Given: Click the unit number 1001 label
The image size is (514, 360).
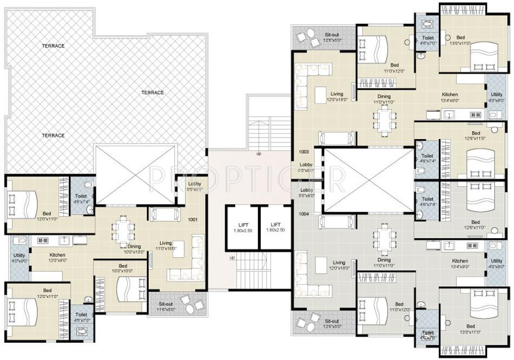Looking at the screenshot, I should pyautogui.click(x=193, y=220).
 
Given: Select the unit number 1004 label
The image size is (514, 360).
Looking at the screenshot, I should pyautogui.click(x=304, y=214).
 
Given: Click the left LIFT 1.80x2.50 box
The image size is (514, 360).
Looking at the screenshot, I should pyautogui.click(x=242, y=227).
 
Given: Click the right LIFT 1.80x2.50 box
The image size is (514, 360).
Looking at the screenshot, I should pyautogui.click(x=275, y=227).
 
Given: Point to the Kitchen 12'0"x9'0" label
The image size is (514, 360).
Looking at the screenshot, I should pyautogui.click(x=57, y=258).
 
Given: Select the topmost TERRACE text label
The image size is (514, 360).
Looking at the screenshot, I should pyautogui.click(x=53, y=46).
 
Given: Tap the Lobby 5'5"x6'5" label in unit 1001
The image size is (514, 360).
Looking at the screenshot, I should pyautogui.click(x=194, y=187).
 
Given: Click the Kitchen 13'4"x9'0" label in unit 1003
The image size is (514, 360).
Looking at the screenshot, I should pyautogui.click(x=450, y=97).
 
